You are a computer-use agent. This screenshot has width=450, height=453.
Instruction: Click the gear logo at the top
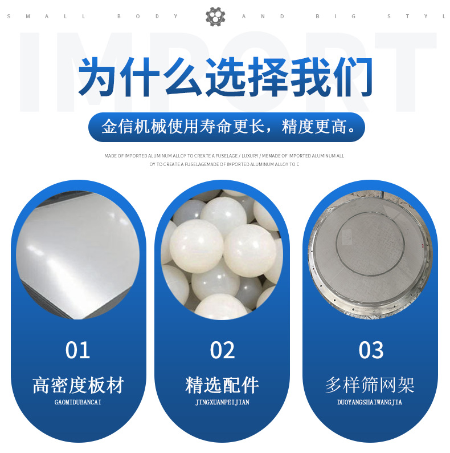[x=215, y=17]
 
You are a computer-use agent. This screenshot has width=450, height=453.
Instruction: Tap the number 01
[x=77, y=350]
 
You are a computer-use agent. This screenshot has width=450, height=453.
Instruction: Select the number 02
[x=222, y=350]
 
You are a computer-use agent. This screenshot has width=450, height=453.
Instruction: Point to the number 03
[x=371, y=350]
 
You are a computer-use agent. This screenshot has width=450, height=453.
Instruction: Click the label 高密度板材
[x=78, y=385]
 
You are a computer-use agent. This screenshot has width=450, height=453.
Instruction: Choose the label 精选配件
[x=222, y=385]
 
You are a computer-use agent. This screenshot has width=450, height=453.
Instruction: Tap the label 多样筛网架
[x=370, y=385]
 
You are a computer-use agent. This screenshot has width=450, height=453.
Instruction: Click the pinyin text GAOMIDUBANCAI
[x=78, y=402]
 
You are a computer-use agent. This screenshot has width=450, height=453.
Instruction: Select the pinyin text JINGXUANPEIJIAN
[x=222, y=402]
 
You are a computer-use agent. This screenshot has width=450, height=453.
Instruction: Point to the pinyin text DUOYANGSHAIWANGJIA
[x=370, y=402]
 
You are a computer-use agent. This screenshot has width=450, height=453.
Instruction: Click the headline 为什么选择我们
[x=225, y=77]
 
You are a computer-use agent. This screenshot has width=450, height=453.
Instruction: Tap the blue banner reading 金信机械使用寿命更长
[x=227, y=127]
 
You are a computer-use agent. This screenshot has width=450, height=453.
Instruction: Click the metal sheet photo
[x=78, y=255]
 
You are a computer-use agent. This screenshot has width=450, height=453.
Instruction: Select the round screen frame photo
[x=370, y=254]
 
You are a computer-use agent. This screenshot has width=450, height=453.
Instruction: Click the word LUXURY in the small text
[x=250, y=156]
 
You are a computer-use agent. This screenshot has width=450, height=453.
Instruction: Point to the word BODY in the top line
[x=148, y=17]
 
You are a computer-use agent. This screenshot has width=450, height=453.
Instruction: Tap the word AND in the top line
[x=263, y=17]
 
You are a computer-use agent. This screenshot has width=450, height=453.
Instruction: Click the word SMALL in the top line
[x=46, y=17]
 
